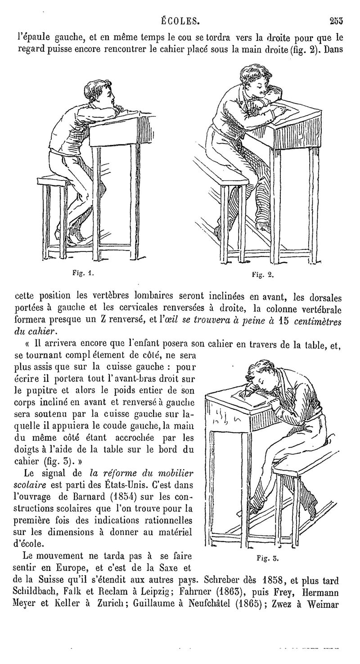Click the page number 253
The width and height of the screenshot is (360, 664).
click(x=337, y=20)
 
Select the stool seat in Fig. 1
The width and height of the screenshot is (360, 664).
click(x=53, y=181)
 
